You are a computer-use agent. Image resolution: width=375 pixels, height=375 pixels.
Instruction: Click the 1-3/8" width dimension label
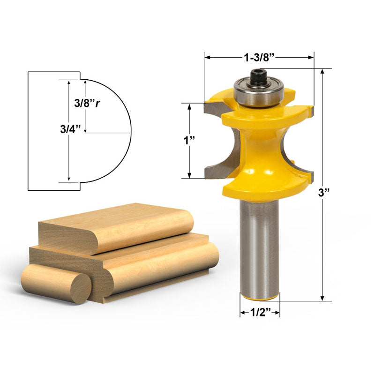click(259, 57)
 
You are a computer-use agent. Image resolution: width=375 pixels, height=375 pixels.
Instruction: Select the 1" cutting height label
click(189, 141)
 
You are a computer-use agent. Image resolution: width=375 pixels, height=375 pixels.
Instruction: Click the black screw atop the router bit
click(257, 77)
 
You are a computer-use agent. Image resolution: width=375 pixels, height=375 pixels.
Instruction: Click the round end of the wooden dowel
click(80, 288)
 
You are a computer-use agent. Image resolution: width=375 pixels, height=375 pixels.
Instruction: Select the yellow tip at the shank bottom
click(259, 297)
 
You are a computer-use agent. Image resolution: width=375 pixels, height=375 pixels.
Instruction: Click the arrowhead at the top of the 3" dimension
click(322, 72)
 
